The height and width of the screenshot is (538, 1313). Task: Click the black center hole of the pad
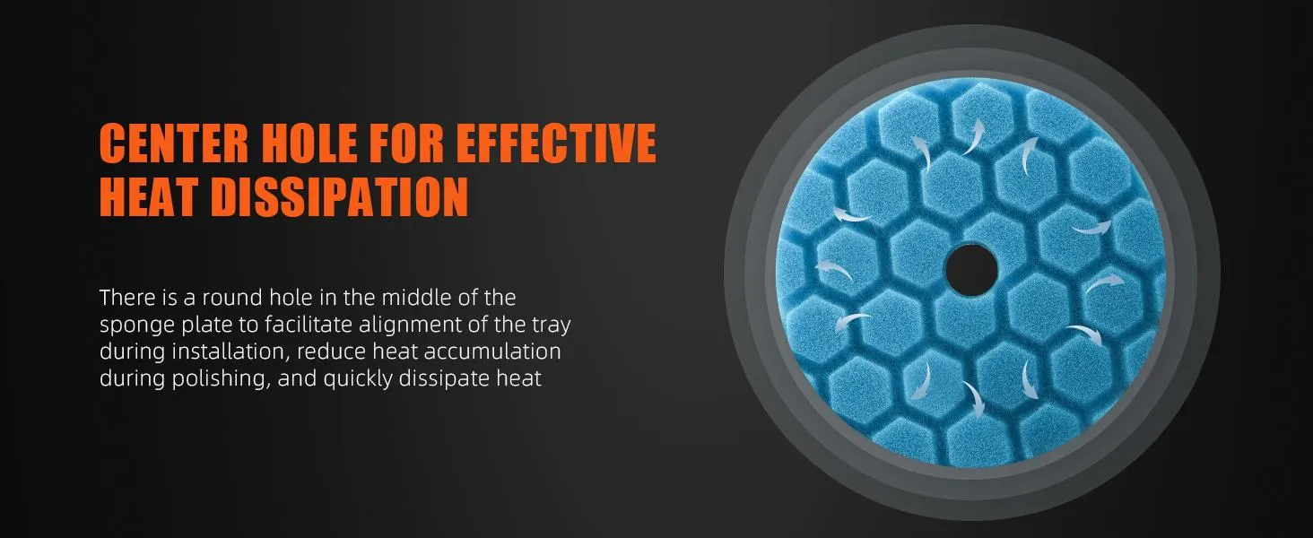(x=971, y=270)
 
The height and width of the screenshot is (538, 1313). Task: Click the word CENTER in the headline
(x=174, y=143)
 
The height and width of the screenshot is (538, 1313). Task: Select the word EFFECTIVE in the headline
(x=556, y=143)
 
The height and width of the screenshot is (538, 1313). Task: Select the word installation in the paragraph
(x=231, y=351)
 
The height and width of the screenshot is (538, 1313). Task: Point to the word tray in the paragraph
(x=551, y=325)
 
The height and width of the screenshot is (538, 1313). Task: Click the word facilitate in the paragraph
(x=309, y=325)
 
